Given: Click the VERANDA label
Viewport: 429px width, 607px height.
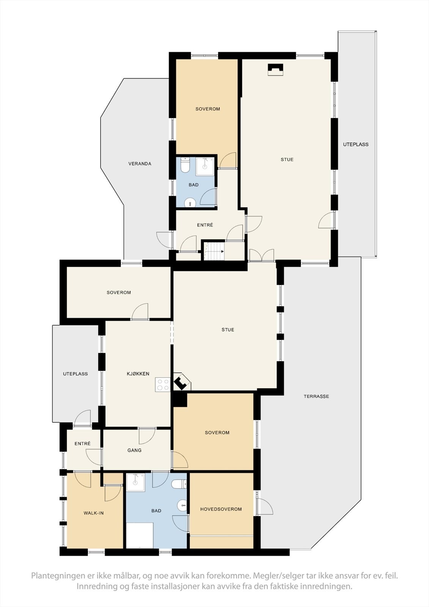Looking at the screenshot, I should point(140,164).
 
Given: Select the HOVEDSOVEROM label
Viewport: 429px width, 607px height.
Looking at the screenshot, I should point(221,509).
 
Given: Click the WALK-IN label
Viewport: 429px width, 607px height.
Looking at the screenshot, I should point(94,513).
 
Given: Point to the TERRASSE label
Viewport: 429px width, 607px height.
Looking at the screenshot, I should point(316,396).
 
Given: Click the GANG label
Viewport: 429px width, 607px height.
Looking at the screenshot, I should point(134,450).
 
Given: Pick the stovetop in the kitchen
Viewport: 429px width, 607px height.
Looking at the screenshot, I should point(163,385).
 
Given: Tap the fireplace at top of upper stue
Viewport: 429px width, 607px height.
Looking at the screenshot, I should point(276,70).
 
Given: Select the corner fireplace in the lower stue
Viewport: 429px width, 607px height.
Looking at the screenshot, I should point(182,382).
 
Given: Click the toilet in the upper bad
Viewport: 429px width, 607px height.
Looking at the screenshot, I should point(185,165).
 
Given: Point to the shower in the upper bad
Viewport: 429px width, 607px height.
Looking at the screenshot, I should point(206,165).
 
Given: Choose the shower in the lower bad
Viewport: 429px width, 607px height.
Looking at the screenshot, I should point(135,482).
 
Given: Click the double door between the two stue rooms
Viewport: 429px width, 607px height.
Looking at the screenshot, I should point(262,255).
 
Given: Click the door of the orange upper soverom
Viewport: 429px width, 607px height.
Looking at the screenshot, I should point(228,161).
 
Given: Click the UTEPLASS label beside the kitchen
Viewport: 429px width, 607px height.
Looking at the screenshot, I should point(75,374).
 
